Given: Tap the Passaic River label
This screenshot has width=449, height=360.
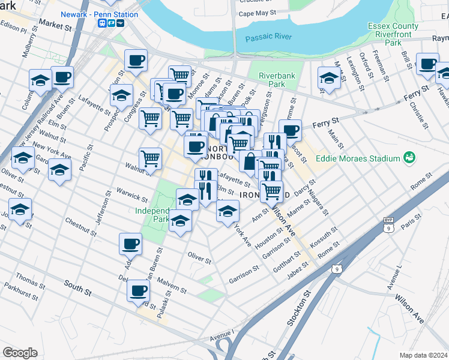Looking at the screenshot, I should pyautogui.click(x=268, y=37).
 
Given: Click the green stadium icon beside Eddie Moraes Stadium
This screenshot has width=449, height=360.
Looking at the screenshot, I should pyautogui.click(x=410, y=158).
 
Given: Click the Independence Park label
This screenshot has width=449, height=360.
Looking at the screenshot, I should pyautogui.click(x=152, y=215).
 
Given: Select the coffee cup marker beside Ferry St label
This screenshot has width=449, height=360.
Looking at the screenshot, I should pyautogui.click(x=290, y=130).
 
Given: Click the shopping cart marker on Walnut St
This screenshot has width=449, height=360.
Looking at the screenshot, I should pyautogui.click(x=150, y=158).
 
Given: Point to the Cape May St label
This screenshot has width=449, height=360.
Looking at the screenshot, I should pyautogui.click(x=257, y=13).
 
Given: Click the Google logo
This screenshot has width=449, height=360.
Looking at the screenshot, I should pyautogui.click(x=20, y=352).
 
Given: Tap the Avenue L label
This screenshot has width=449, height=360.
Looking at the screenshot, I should pyautogui.click(x=395, y=277).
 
